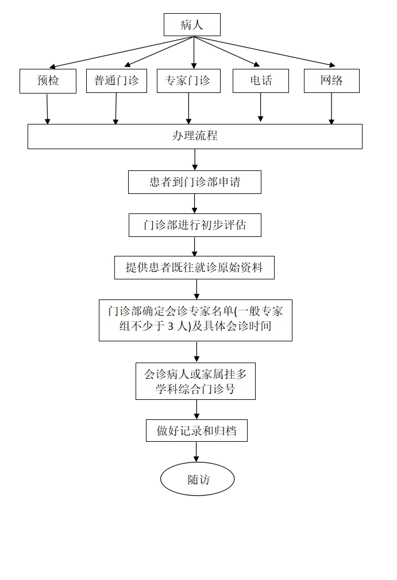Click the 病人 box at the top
pyautogui.click(x=192, y=25)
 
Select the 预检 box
pyautogui.click(x=48, y=81)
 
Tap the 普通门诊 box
pyautogui.click(x=116, y=81)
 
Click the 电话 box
pyautogui.click(x=260, y=81)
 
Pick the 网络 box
pyautogui.click(x=332, y=81)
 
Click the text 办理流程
pyautogui.click(x=195, y=137)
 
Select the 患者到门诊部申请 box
pyautogui.click(x=195, y=182)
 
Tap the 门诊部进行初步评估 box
pyautogui.click(x=195, y=225)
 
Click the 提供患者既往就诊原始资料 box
pyautogui.click(x=194, y=267)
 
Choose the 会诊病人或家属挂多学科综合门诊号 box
pyautogui.click(x=195, y=382)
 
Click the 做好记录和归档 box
pyautogui.click(x=196, y=431)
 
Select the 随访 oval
pyautogui.click(x=197, y=479)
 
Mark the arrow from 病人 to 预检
pyautogui.click(x=121, y=52)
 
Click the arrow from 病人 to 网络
pyautogui.click(x=264, y=51)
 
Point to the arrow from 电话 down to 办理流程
pyautogui.click(x=260, y=107)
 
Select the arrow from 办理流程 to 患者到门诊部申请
pyautogui.click(x=195, y=159)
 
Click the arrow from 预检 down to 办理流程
pyautogui.click(x=47, y=108)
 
